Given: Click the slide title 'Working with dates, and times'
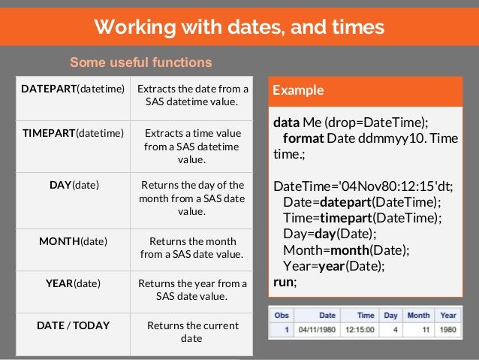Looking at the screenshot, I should click(239, 28).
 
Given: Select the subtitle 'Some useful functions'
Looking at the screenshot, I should click(141, 62).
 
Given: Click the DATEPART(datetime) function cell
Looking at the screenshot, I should click(73, 89).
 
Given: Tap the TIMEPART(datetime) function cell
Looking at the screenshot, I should click(73, 133).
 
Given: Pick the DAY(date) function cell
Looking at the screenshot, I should click(73, 184).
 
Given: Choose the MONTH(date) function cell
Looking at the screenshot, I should click(73, 241).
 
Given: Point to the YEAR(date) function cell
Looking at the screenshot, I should click(73, 283).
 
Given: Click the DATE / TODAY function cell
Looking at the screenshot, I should click(73, 325).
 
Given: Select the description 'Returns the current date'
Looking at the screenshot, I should click(192, 332).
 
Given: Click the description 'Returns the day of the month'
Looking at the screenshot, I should click(192, 198).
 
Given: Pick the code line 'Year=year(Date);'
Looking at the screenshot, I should click(333, 265).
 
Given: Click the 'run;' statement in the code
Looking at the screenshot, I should click(285, 282).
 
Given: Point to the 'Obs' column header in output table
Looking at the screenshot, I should click(282, 315).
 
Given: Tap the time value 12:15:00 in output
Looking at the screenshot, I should click(360, 328).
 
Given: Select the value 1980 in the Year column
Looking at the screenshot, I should click(447, 328).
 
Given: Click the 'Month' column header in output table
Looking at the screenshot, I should click(418, 315).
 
